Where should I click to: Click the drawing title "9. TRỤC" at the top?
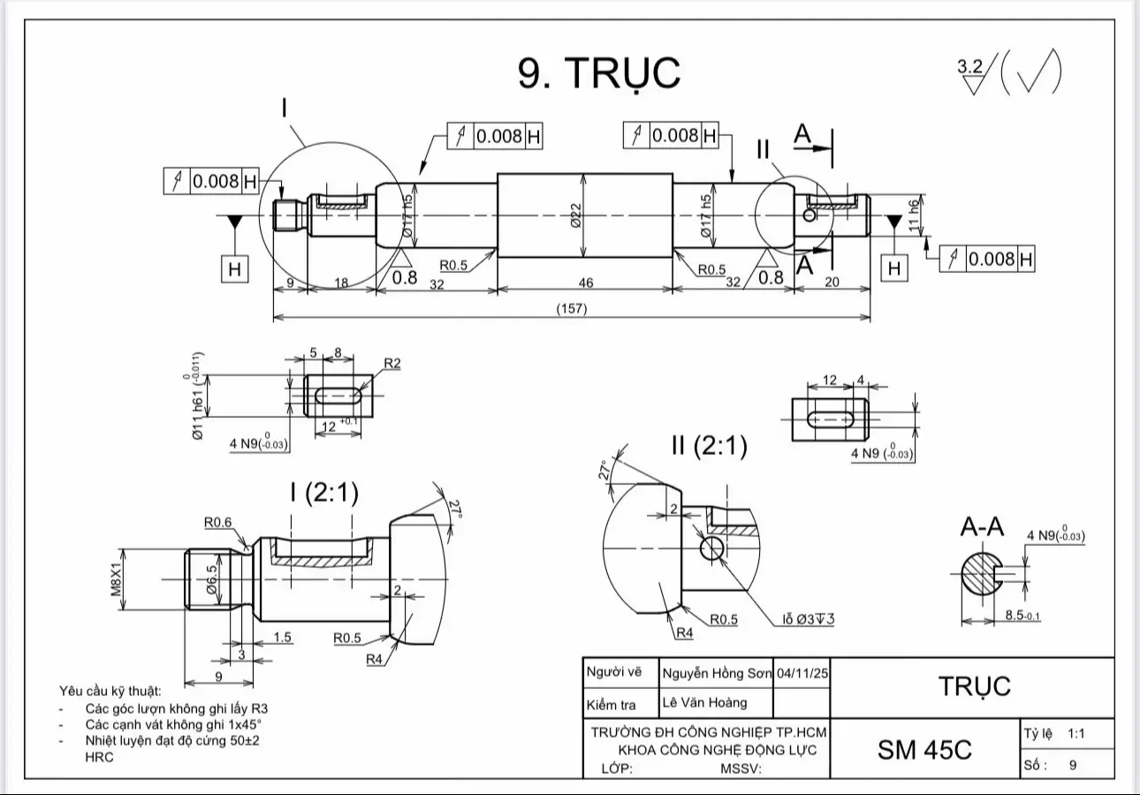(x=599, y=72)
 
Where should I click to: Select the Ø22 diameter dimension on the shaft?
(x=575, y=215)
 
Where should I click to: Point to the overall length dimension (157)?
(x=572, y=308)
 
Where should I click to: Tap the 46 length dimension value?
(x=585, y=283)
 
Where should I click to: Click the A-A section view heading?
(x=983, y=527)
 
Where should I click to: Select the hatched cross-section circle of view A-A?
(x=978, y=575)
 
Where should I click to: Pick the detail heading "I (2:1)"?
(x=324, y=493)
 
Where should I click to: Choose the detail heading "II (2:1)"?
(x=709, y=445)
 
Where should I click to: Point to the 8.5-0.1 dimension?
(x=1022, y=616)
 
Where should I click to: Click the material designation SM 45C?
(x=924, y=749)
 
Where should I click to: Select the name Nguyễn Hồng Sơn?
(x=716, y=673)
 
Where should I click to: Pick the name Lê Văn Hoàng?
(x=704, y=703)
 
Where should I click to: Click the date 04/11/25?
(x=802, y=673)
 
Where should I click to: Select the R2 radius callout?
(x=392, y=363)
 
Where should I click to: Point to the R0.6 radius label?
(x=217, y=522)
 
